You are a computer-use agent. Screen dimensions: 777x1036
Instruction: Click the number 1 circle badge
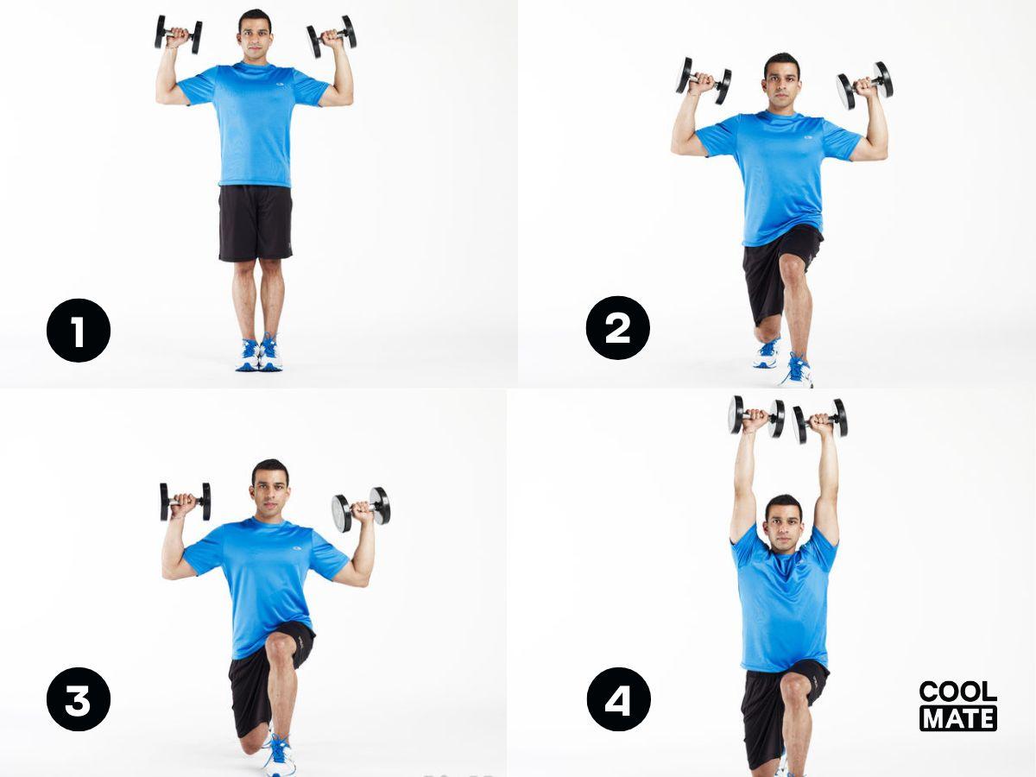point(79,330)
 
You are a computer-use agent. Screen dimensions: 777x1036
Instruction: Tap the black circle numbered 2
point(617,328)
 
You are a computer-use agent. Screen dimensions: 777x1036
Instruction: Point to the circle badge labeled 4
point(618,698)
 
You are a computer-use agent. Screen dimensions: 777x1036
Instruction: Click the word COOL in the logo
point(957,692)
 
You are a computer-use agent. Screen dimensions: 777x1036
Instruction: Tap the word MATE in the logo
point(957,717)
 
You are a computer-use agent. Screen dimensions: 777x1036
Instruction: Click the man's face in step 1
point(255,37)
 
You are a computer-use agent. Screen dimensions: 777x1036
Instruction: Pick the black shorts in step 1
point(255,223)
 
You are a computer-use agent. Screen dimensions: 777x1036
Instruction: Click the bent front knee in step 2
point(792,268)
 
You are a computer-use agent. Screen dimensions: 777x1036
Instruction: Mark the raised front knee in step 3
point(281,646)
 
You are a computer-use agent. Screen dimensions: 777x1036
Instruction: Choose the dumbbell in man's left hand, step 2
point(865,85)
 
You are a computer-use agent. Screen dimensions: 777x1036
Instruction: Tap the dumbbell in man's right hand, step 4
point(757,415)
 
